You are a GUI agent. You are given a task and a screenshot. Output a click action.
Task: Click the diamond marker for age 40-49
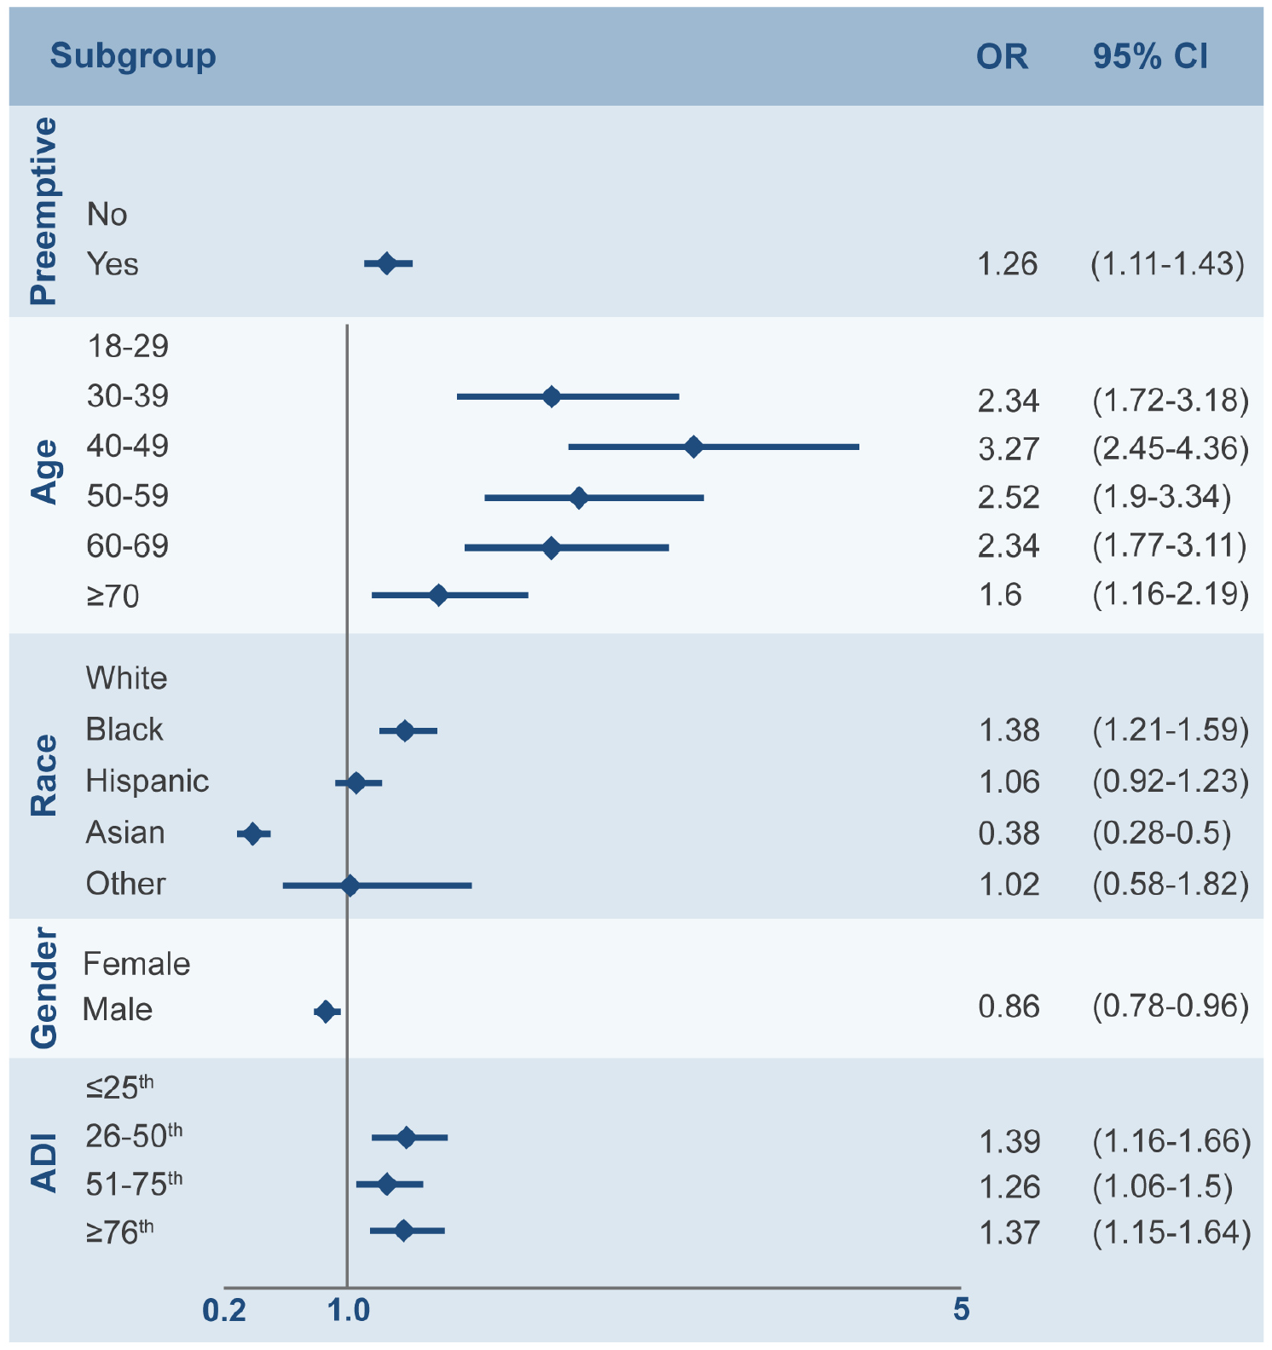click(x=693, y=447)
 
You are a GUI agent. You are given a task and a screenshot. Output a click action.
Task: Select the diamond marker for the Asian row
click(x=252, y=834)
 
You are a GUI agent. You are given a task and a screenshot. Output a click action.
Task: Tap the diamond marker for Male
click(x=325, y=1012)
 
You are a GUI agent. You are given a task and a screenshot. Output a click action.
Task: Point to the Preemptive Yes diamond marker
click(x=386, y=263)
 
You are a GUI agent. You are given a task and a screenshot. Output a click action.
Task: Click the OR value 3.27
click(x=1009, y=448)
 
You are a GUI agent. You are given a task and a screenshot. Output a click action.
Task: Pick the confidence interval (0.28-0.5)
click(x=1161, y=833)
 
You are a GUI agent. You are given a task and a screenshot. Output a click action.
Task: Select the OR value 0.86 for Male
click(x=1009, y=1007)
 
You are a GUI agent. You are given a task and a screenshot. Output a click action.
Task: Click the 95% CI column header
click(x=1150, y=56)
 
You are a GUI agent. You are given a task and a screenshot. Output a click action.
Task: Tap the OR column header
click(x=1002, y=56)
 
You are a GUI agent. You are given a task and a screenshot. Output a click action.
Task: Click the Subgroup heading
click(x=133, y=56)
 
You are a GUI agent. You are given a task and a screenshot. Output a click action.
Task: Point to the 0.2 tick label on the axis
click(x=224, y=1310)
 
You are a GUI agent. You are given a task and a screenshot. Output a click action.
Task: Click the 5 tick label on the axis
click(x=961, y=1309)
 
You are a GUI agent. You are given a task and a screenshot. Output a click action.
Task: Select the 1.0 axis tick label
click(x=349, y=1310)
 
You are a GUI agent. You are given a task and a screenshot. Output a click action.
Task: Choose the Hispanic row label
click(x=147, y=781)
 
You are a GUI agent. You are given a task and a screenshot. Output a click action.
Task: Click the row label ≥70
click(x=113, y=596)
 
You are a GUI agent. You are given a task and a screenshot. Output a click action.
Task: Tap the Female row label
click(x=136, y=964)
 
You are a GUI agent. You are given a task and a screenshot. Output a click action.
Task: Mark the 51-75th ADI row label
click(x=134, y=1183)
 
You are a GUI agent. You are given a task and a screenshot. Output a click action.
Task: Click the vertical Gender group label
click(x=43, y=989)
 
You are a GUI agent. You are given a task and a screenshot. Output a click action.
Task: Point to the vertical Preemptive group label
click(x=43, y=211)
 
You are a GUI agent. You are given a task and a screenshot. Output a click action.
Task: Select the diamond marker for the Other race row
click(x=350, y=886)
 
